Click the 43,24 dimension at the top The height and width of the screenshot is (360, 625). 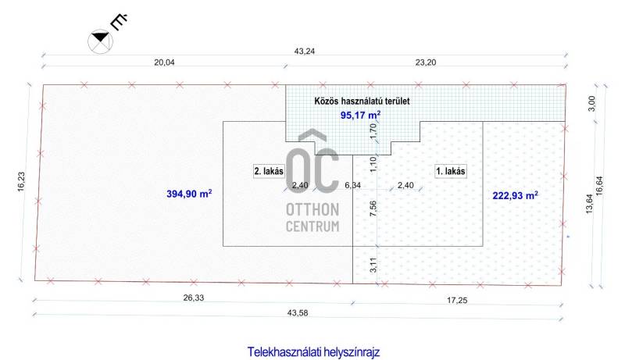click(x=305, y=51)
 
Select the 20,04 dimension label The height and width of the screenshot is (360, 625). click(x=164, y=62)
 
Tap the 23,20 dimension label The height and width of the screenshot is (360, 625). click(x=426, y=62)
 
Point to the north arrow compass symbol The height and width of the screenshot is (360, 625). click(x=101, y=41)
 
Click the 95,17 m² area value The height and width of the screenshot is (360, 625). click(x=360, y=115)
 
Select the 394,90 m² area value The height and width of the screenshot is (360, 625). click(x=189, y=194)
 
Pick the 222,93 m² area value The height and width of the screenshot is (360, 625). click(x=515, y=195)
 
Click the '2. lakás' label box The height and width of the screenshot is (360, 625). click(x=269, y=171)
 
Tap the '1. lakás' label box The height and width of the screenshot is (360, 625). click(x=451, y=171)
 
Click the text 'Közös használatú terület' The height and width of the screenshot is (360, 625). click(x=362, y=102)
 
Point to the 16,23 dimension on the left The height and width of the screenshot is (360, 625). click(x=21, y=182)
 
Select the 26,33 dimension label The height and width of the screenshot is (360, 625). click(x=194, y=298)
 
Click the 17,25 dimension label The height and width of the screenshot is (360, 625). click(x=457, y=301)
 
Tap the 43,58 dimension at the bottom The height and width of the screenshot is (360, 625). click(x=298, y=313)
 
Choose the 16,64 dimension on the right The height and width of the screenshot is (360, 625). click(x=599, y=186)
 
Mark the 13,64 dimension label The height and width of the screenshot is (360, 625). click(x=590, y=204)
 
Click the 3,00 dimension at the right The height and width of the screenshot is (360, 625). click(x=592, y=104)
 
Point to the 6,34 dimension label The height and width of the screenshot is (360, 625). click(x=353, y=185)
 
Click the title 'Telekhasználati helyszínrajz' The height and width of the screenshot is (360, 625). click(x=313, y=352)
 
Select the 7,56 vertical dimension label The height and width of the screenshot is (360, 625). click(x=373, y=209)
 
